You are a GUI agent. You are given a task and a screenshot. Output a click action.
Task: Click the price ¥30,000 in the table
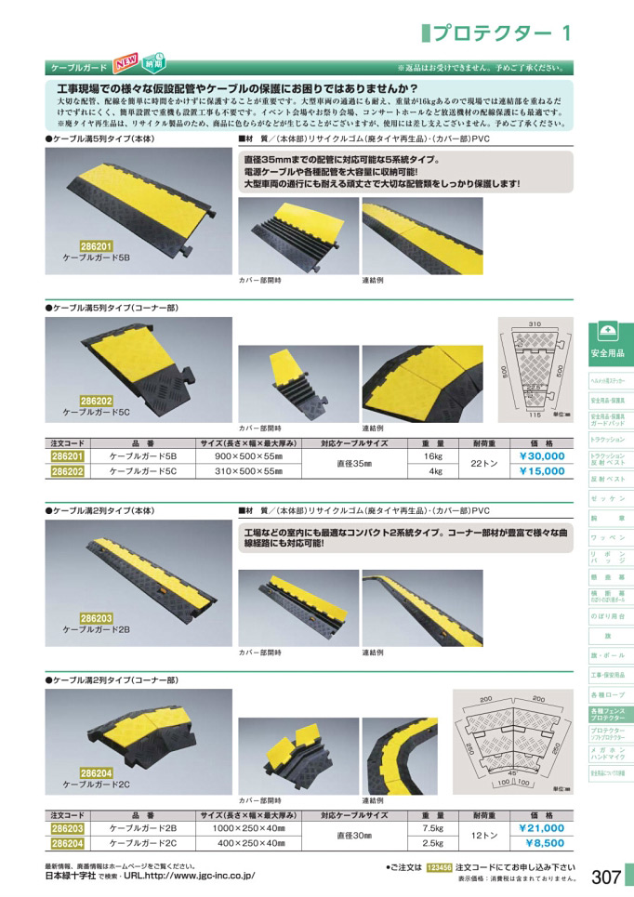(x=541, y=456)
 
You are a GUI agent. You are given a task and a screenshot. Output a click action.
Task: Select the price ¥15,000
(x=541, y=471)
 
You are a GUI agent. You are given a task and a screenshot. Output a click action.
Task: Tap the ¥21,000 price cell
(x=541, y=827)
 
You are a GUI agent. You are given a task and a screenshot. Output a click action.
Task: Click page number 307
(x=605, y=877)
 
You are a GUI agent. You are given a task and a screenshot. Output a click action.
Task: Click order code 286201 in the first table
(x=67, y=457)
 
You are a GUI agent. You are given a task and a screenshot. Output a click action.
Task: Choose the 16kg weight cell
(x=431, y=457)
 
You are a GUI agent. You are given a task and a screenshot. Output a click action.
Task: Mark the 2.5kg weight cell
(x=431, y=843)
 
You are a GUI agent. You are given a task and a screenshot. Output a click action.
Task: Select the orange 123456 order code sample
(x=440, y=867)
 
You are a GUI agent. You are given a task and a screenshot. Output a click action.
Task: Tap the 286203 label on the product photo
(x=97, y=615)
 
